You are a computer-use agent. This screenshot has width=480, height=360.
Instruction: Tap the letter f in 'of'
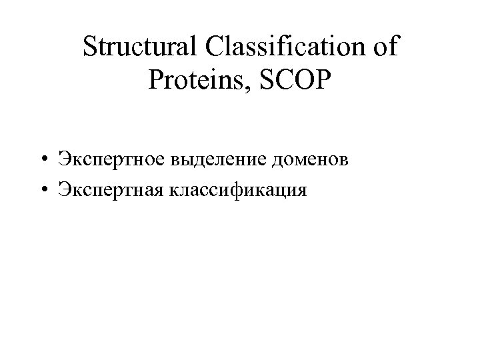tap(395, 47)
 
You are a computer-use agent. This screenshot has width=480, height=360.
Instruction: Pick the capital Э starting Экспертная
tap(63, 191)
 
